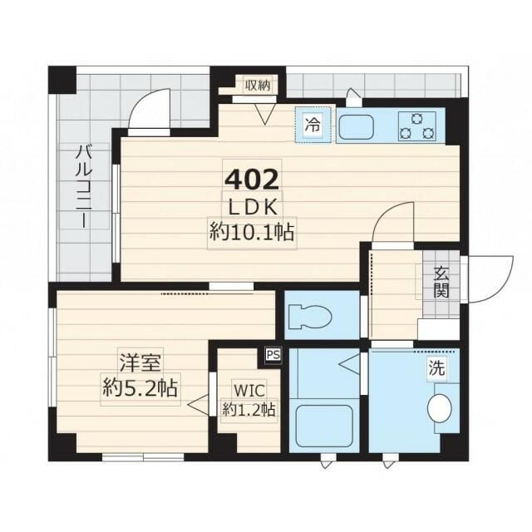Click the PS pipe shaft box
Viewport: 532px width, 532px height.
pyautogui.click(x=273, y=354)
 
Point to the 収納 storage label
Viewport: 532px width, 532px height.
pyautogui.click(x=257, y=85)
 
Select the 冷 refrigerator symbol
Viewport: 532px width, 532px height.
pyautogui.click(x=313, y=126)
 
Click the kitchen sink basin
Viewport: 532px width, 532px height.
pyautogui.click(x=358, y=127)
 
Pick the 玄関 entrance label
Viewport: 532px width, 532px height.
pyautogui.click(x=441, y=283)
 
